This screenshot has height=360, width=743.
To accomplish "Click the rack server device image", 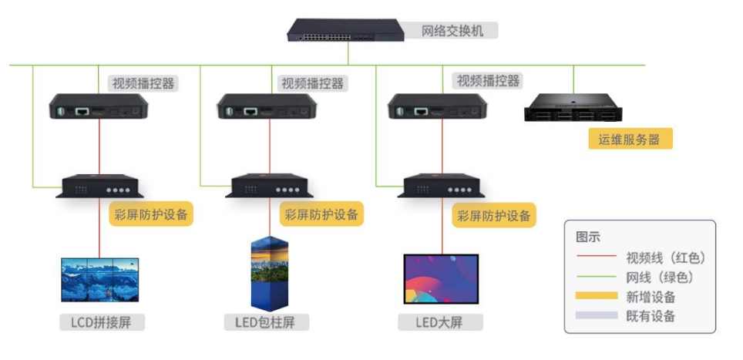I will [x=573, y=106].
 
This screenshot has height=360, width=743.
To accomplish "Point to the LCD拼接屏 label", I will [x=101, y=321].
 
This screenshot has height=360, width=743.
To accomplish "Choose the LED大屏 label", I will [x=441, y=321].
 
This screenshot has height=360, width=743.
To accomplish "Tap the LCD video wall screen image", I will [x=100, y=279].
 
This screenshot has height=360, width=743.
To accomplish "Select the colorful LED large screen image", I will [x=441, y=278].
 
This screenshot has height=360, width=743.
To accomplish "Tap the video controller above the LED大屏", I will [x=438, y=107].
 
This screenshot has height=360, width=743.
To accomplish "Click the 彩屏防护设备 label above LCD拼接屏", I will [x=150, y=214].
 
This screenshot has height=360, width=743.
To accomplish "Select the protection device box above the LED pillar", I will [x=269, y=187].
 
